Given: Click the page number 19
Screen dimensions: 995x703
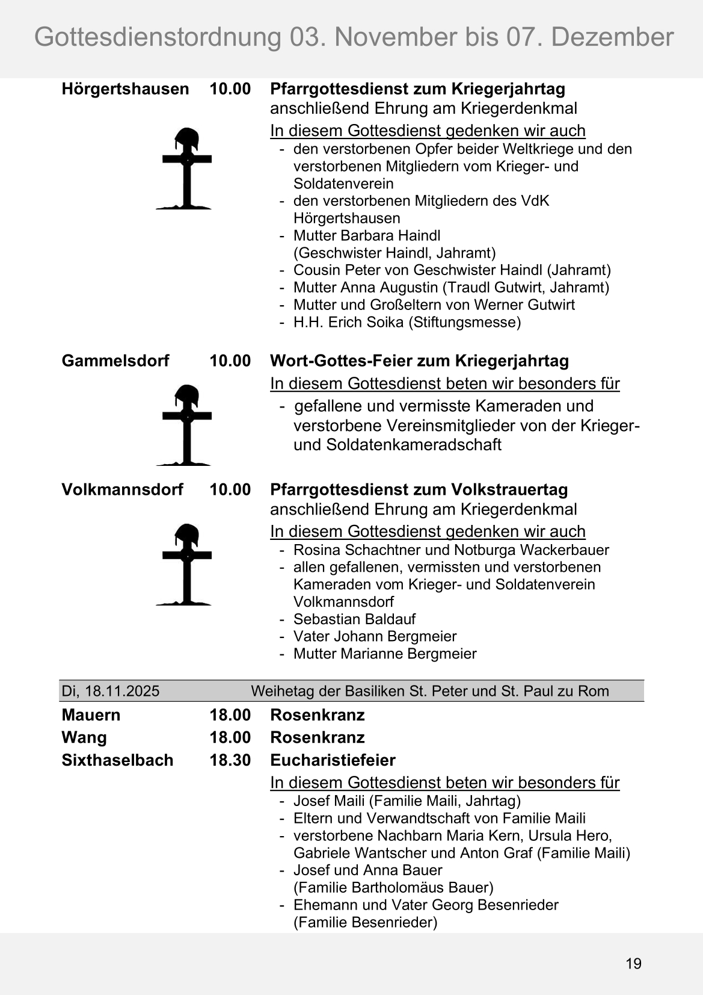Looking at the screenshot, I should (633, 964).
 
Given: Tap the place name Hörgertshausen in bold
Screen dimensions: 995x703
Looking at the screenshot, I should (125, 89).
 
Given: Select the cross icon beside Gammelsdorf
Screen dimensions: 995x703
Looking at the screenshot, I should (186, 425).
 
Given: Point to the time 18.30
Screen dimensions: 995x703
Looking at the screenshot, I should (230, 760).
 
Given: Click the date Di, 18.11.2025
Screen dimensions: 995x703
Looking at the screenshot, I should (111, 691).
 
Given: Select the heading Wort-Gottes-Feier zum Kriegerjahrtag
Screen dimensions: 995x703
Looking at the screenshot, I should (419, 361).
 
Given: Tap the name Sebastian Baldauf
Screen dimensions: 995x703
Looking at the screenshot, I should (354, 619).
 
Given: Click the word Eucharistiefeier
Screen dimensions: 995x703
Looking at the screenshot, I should (333, 760).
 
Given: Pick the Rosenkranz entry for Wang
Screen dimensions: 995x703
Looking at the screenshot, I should (318, 737).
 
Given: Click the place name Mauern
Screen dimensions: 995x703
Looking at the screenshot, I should (91, 715).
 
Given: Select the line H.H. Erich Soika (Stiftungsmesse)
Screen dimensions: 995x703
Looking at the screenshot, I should (407, 322).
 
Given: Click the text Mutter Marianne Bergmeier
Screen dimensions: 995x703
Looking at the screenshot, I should (385, 654).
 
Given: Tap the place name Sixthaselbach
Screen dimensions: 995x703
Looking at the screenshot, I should (117, 760).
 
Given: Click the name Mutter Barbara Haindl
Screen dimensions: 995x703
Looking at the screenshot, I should (367, 235).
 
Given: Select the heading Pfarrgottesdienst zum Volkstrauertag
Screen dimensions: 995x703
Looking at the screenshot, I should (419, 489).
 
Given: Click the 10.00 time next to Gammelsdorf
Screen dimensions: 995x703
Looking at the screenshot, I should (230, 361).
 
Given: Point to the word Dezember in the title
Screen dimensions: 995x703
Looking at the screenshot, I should (612, 37).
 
